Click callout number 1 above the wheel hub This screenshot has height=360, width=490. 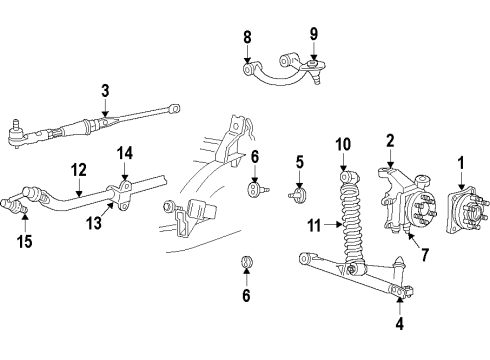pos(461,162)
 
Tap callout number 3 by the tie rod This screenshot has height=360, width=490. pos(105,93)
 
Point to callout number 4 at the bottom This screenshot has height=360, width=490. pos(400,323)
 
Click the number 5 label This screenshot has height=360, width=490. pos(299,161)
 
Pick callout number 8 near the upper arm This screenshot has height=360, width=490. pos(247,40)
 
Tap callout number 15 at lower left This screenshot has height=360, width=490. pos(25,241)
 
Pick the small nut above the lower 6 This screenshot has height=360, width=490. pos(245,264)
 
